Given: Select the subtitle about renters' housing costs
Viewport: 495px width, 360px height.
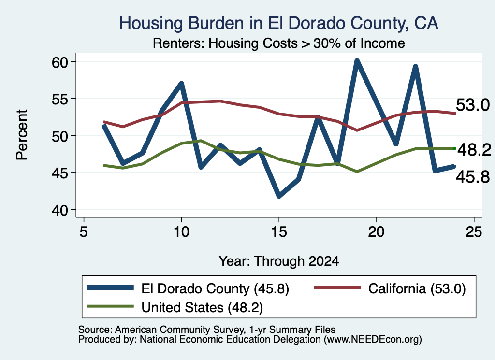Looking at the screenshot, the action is click(279, 43).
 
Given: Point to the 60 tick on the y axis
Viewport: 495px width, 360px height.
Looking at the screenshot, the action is click(60, 62).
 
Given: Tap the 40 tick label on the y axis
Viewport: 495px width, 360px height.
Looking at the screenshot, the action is click(60, 210).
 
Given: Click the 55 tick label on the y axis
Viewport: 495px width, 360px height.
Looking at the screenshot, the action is click(60, 99).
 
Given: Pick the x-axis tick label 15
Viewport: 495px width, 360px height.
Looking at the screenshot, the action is click(279, 232).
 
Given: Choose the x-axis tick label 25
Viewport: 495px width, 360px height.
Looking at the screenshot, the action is click(474, 232).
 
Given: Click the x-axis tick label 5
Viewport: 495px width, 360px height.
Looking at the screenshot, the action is click(83, 232).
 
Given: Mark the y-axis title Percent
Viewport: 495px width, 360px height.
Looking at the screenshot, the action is click(22, 135).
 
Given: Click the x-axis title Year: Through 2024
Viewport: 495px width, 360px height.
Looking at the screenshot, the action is click(279, 261).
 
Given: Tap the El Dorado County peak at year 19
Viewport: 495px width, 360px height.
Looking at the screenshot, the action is click(357, 61).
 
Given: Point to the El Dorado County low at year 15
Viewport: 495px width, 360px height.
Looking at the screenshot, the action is click(279, 196).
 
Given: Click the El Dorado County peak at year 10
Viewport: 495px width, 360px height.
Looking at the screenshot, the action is click(181, 83).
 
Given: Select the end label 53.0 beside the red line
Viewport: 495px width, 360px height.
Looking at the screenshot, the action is click(473, 105).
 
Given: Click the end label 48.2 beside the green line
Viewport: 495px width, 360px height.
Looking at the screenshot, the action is click(474, 150).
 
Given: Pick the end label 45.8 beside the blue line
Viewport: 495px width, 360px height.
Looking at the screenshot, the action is click(473, 177).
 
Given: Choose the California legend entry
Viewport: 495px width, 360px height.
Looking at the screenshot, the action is click(390, 288).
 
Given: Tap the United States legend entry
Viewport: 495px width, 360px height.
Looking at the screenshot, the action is click(175, 307).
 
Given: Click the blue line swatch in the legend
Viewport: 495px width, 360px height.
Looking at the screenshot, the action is click(111, 288).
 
